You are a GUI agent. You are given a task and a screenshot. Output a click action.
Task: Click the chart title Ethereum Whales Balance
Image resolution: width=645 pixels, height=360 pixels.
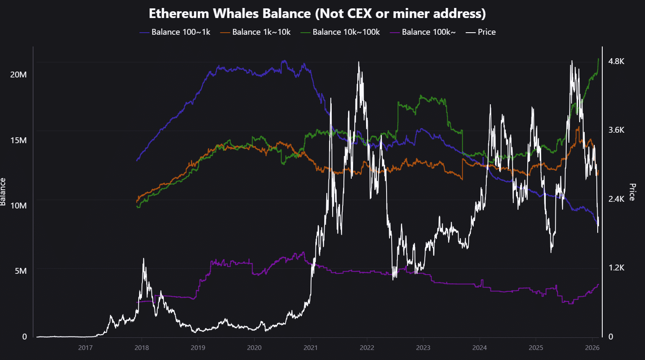(x=317, y=13)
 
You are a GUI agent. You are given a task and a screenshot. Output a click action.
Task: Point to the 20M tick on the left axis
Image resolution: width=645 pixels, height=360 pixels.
(x=18, y=75)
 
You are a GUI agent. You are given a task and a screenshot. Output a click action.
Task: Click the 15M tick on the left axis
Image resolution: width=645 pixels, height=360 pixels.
(x=18, y=140)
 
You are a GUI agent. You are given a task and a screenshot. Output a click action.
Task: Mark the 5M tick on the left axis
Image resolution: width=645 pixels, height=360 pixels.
(x=21, y=271)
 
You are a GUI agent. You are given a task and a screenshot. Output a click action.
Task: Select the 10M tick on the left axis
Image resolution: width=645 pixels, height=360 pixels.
(x=18, y=206)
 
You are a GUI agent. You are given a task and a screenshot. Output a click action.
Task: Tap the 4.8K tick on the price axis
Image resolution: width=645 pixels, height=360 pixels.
(x=616, y=62)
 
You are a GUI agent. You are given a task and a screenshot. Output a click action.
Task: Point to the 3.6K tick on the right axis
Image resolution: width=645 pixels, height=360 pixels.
(x=616, y=130)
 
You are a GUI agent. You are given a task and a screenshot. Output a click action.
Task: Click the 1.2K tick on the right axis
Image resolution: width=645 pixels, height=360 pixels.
(x=616, y=268)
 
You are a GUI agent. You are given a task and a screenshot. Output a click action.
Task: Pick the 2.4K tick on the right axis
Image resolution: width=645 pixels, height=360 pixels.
(x=616, y=199)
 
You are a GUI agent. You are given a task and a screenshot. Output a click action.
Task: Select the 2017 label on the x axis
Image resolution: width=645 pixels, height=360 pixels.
(x=85, y=348)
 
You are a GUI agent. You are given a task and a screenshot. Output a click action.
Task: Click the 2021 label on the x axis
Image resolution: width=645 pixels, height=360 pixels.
(x=310, y=348)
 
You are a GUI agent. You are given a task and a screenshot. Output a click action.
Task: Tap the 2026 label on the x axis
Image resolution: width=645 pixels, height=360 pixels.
(x=592, y=348)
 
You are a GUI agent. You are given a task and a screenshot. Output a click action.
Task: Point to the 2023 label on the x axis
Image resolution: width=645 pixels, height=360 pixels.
(x=423, y=348)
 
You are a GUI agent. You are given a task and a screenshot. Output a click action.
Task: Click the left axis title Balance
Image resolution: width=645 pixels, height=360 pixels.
(x=3, y=192)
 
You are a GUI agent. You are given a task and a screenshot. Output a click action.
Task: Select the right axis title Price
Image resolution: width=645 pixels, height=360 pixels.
(x=632, y=192)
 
